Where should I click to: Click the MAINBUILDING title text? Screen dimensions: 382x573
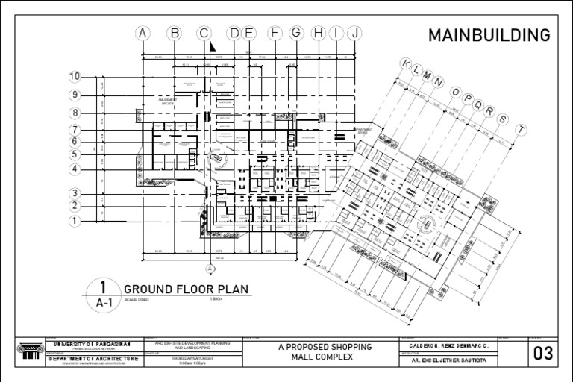(489, 35)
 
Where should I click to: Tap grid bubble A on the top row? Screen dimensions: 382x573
(143, 32)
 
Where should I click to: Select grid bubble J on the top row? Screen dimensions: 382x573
(355, 32)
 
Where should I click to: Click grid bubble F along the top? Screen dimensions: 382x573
(275, 32)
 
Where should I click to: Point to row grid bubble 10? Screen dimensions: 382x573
(75, 76)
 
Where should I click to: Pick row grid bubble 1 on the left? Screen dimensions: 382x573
(75, 221)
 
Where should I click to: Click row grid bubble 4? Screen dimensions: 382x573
(75, 169)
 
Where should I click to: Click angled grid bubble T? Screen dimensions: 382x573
(522, 129)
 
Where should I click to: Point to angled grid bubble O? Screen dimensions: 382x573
(455, 91)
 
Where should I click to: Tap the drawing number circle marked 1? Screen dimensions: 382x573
(104, 287)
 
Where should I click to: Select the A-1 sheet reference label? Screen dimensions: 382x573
(104, 303)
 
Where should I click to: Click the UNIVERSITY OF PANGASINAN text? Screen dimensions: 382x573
(93, 344)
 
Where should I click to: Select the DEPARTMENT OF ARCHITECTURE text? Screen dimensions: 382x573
(93, 359)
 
